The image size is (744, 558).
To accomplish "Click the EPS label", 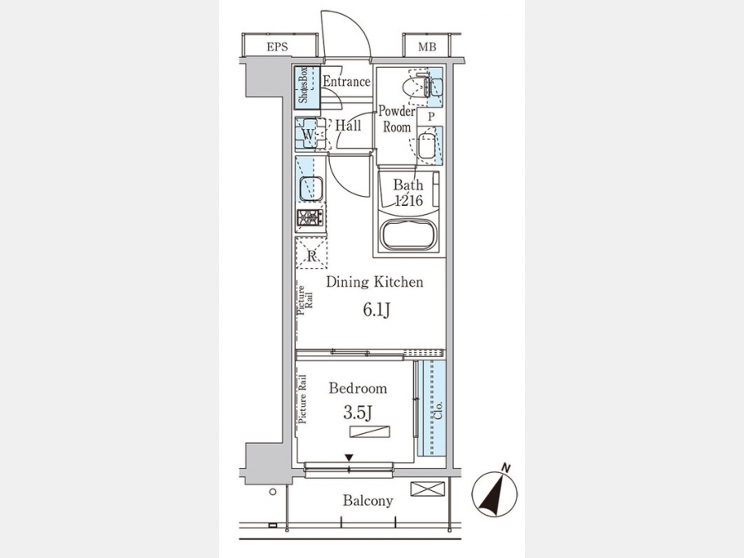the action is (277, 47).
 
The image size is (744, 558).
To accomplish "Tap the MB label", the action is (427, 47).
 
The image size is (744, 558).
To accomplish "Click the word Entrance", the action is (346, 82).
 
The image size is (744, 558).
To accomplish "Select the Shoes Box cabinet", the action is (306, 85).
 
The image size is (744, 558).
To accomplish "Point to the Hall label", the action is (348, 126).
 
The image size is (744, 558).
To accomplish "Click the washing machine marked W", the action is (310, 134).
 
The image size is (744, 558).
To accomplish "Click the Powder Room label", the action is (397, 119).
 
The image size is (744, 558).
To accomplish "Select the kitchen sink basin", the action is (311, 188).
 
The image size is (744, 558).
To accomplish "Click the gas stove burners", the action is (311, 217).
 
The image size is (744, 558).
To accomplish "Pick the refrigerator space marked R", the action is (312, 253).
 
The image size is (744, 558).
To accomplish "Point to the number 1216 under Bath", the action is (409, 201).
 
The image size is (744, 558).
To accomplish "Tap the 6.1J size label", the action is (377, 310).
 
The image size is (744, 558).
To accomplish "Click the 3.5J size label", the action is (357, 413).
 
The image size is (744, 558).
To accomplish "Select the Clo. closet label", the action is (438, 410).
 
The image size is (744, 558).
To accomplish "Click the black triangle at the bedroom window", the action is (349, 457).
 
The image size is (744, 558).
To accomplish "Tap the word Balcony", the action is (368, 501).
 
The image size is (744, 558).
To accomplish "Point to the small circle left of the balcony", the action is (272, 492).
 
